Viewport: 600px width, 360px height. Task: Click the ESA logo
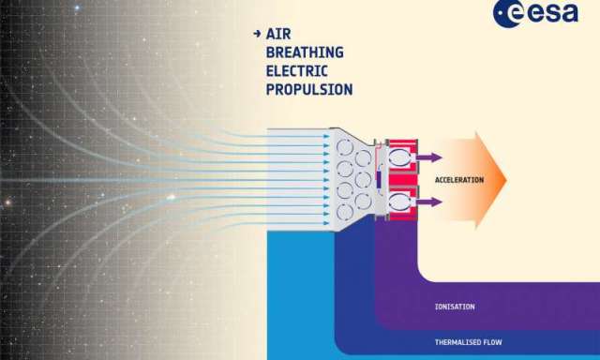(535, 12)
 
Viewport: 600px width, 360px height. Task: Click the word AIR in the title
(278, 34)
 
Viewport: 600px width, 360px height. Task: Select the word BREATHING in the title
(305, 52)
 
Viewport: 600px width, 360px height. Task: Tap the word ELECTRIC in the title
(296, 70)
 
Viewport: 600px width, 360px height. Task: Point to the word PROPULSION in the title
(309, 89)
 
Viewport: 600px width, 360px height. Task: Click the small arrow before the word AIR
(257, 34)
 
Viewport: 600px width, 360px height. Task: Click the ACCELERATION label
(459, 180)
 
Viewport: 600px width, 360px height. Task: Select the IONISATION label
(455, 307)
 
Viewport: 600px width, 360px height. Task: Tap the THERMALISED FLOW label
(468, 342)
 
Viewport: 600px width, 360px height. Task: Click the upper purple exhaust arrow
(429, 157)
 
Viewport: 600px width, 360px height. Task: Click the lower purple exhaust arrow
(429, 202)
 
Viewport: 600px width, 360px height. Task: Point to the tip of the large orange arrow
(506, 180)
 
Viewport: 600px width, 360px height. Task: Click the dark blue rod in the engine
(379, 180)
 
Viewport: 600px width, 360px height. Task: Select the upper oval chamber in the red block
(400, 157)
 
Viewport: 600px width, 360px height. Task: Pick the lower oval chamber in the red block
(400, 202)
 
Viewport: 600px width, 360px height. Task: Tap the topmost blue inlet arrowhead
(326, 137)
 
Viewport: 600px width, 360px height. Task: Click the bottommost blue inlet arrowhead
(326, 223)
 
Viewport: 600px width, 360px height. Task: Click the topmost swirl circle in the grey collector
(345, 147)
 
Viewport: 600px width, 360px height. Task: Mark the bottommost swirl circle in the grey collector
(345, 212)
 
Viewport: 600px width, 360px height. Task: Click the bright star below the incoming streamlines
(171, 198)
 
